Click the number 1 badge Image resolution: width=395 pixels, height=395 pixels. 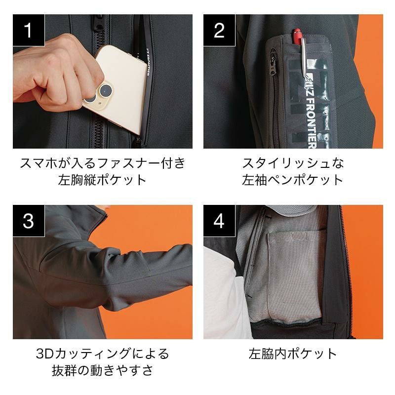tap(29, 30)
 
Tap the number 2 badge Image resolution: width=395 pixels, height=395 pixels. tap(219, 30)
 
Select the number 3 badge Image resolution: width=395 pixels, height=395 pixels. tap(29, 221)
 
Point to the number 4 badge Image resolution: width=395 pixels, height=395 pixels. tap(219, 221)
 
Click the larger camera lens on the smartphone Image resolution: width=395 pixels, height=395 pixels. tap(106, 90)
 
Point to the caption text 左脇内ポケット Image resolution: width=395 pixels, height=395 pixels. tap(293, 354)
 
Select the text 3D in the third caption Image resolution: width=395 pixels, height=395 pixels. tap(45, 354)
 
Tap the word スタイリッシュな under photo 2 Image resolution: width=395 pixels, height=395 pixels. tap(293, 163)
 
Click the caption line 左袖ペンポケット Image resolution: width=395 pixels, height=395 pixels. tap(293, 180)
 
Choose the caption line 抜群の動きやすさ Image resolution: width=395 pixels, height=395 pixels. tap(103, 370)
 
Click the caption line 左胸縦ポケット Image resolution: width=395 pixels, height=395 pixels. tap(103, 180)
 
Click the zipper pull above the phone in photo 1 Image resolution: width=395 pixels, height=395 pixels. tap(100, 24)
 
